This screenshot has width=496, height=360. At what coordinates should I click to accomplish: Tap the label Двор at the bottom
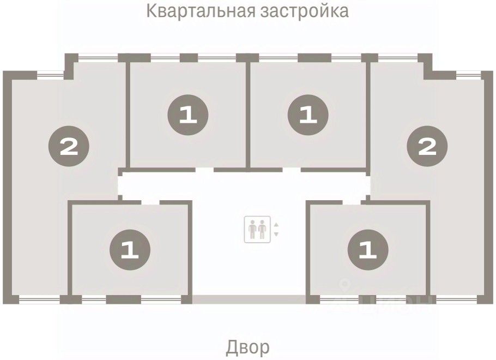(247, 347)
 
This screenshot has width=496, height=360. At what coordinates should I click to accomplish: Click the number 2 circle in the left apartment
(69, 146)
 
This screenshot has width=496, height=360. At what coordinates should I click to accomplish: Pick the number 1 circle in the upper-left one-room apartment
(188, 115)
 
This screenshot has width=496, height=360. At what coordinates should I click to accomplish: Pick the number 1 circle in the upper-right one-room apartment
(308, 115)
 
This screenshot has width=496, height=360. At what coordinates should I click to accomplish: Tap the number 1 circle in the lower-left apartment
(130, 250)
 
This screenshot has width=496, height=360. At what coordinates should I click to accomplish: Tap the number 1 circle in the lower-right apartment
(368, 250)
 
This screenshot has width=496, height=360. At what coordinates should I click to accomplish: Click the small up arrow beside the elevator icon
(276, 225)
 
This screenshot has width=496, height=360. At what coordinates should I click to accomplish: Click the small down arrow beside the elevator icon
(276, 234)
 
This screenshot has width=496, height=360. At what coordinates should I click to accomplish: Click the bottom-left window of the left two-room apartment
(39, 299)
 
